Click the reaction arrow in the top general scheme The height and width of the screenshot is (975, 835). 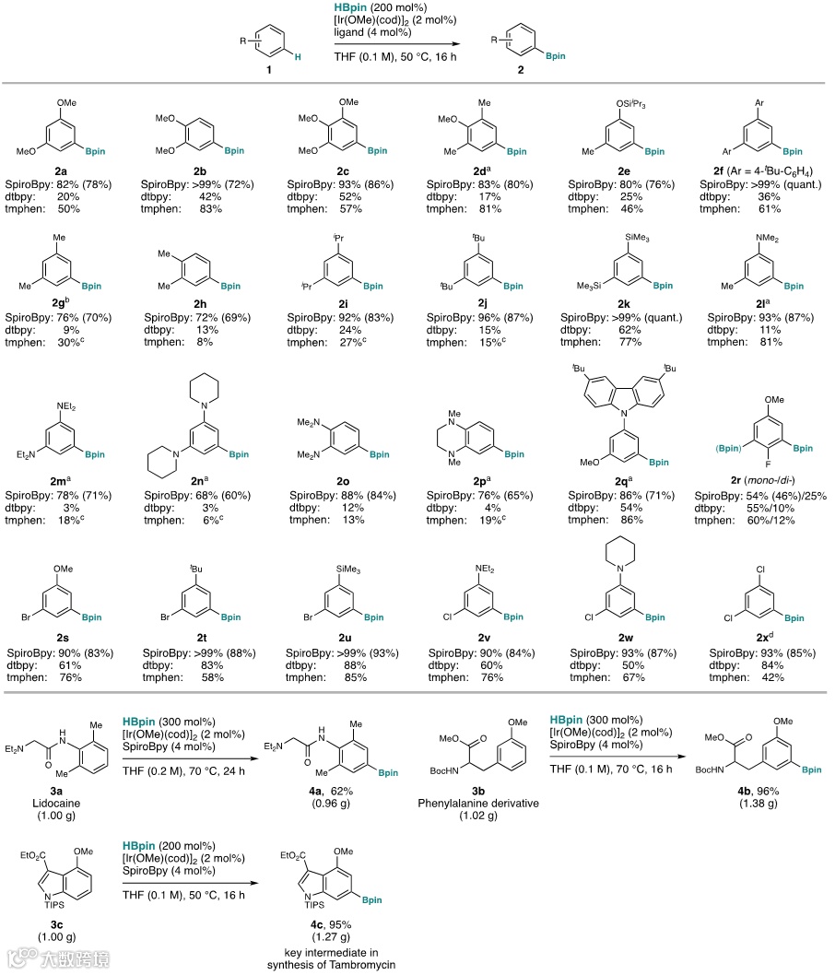point(396,43)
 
